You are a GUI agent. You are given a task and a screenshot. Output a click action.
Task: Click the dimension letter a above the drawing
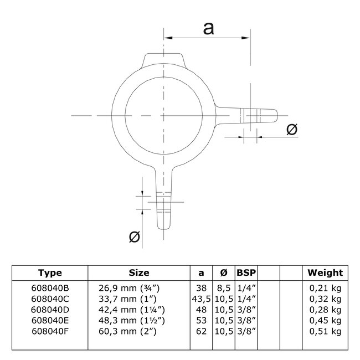(x=209, y=28)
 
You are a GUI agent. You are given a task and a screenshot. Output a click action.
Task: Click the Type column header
(x=50, y=272)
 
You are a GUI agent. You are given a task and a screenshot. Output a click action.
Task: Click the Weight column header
(x=325, y=272)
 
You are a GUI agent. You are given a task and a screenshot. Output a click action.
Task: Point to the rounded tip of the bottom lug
(x=164, y=224)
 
